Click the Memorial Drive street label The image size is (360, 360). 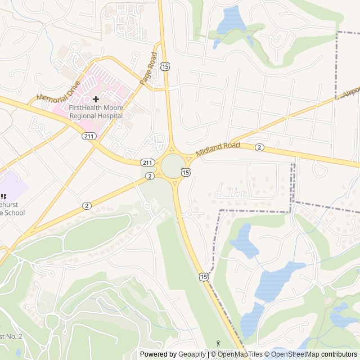(58, 91)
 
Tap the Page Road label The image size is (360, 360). (148, 68)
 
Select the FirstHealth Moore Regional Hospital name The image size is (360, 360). (96, 111)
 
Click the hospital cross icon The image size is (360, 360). (96, 98)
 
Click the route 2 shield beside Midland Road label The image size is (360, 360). (259, 147)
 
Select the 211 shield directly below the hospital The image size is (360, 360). (89, 136)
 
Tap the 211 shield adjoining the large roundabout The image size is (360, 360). (147, 163)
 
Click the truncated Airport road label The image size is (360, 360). (350, 90)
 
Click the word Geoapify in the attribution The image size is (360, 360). (191, 354)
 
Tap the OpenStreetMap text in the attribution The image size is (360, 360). (296, 354)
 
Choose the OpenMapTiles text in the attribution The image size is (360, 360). (242, 354)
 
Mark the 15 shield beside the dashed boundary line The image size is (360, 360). (203, 277)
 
